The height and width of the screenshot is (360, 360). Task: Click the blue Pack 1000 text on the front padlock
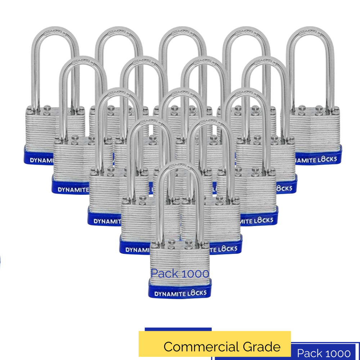pyautogui.click(x=180, y=274)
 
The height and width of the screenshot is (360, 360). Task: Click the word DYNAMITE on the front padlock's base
pyautogui.click(x=168, y=294)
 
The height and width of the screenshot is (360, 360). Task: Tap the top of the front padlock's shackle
pyautogui.click(x=180, y=167)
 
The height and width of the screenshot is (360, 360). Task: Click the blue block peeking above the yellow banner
pyautogui.click(x=178, y=329)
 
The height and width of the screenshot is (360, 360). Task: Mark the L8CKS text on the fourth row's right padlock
pyautogui.click(x=226, y=248)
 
